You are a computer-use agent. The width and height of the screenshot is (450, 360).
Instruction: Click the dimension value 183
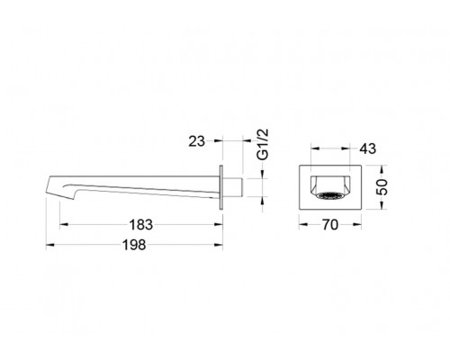pyautogui.click(x=140, y=224)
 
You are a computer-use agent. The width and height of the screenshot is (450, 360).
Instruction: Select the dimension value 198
pyautogui.click(x=134, y=245)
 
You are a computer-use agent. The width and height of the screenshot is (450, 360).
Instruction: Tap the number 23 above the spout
pyautogui.click(x=196, y=141)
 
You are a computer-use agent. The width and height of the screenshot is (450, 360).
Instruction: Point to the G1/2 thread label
pyautogui.click(x=263, y=144)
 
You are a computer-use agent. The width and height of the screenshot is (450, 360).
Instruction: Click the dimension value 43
pyautogui.click(x=367, y=148)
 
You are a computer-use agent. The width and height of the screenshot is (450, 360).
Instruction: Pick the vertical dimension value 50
pyautogui.click(x=382, y=187)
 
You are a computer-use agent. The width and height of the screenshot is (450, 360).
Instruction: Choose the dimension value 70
pyautogui.click(x=330, y=225)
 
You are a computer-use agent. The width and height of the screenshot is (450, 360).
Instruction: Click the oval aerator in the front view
pyautogui.click(x=329, y=195)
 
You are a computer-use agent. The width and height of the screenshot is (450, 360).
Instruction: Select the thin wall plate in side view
pyautogui.click(x=221, y=187)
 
